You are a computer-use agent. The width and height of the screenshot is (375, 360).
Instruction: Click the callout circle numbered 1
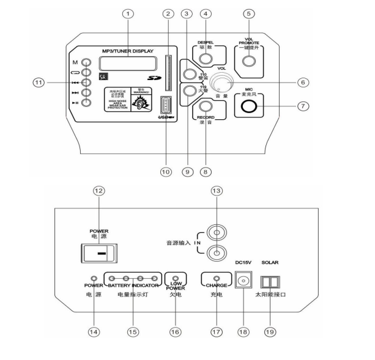(x=127, y=13)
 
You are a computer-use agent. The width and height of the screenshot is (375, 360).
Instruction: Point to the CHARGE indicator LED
(x=215, y=277)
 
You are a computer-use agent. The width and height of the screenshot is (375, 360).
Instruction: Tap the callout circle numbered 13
(x=215, y=191)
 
